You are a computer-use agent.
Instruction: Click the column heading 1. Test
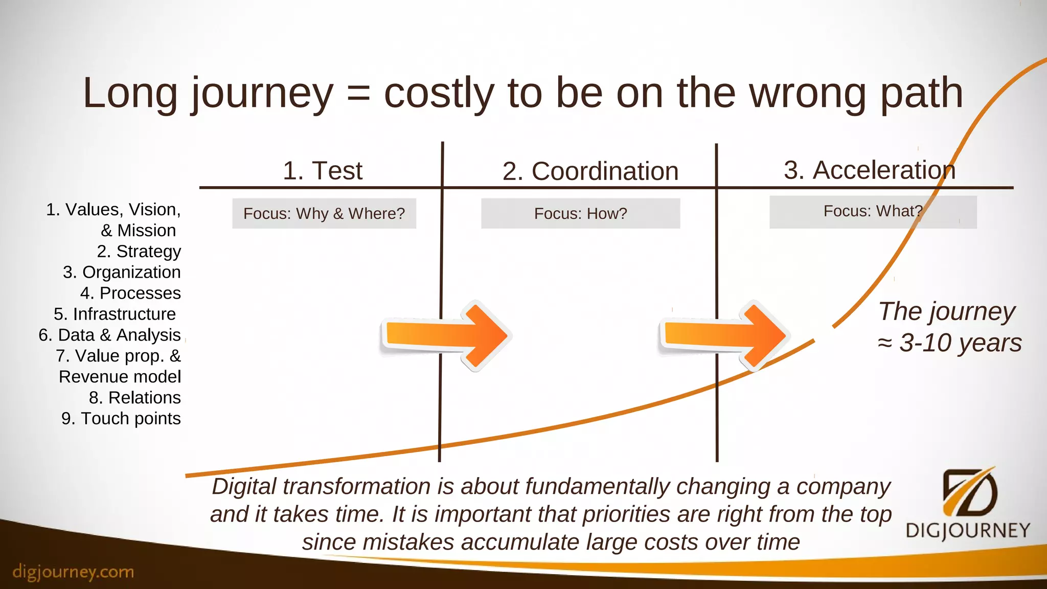323,171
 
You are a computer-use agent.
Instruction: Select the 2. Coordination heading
590,171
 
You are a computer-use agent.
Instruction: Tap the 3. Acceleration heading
870,170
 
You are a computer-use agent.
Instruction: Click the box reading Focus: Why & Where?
324,213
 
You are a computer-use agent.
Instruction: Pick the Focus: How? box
580,213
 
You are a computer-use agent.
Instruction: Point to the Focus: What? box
873,211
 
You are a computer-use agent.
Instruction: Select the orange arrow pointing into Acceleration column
723,335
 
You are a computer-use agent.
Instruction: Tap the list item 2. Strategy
139,252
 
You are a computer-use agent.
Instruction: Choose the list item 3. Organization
122,273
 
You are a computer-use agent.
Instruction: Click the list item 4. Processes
130,293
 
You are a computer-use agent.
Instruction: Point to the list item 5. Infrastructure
115,314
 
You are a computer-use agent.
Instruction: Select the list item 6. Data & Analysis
109,335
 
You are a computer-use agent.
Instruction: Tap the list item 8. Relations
135,398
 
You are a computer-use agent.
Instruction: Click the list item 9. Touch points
121,419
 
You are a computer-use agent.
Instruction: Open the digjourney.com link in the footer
73,572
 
